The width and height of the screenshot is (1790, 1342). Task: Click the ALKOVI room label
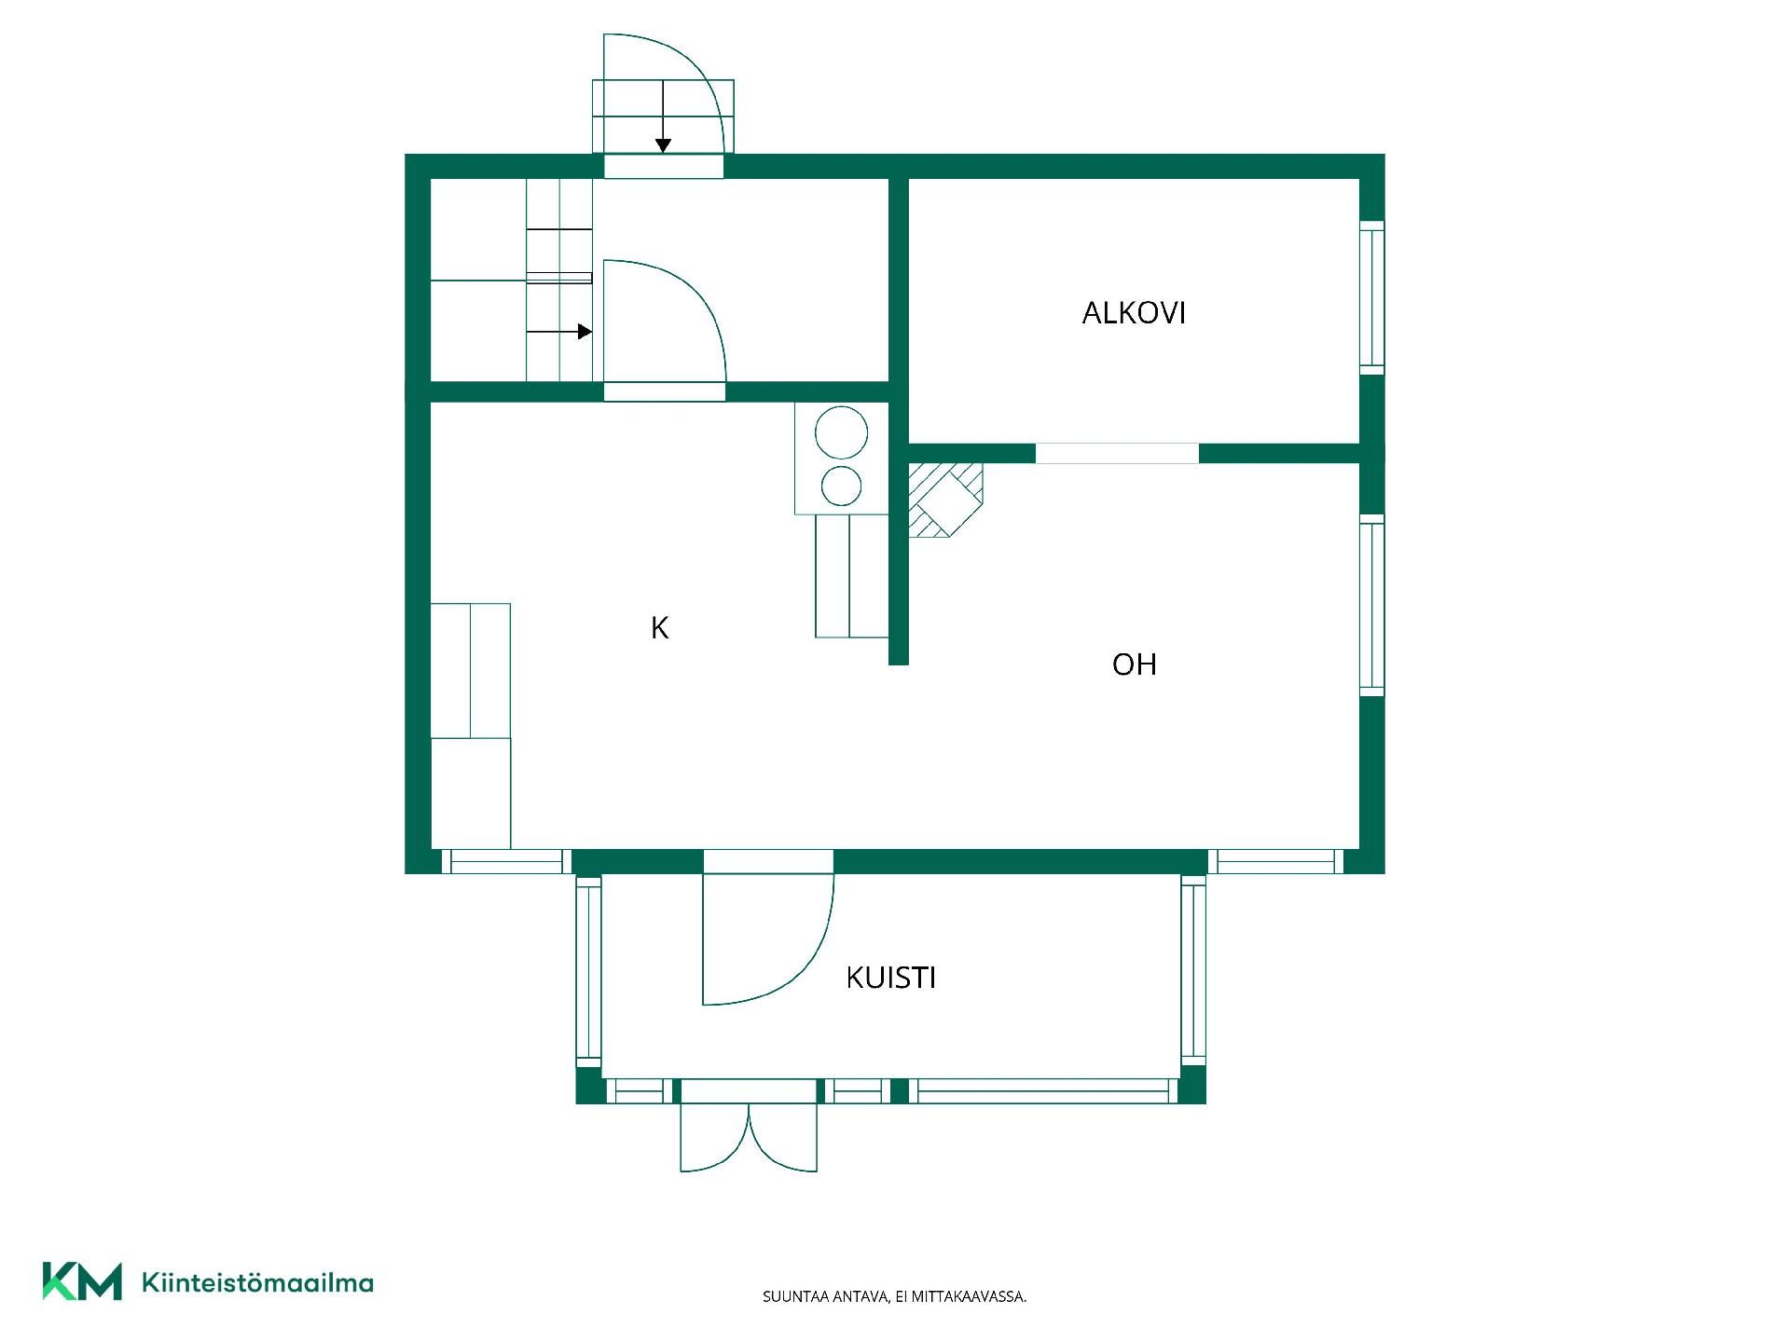coord(1134,313)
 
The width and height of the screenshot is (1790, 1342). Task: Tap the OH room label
coord(1135,664)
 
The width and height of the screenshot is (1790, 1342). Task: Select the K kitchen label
coord(659,629)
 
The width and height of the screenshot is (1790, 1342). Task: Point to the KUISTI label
coord(890,978)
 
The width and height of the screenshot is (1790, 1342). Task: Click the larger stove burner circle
coord(841,432)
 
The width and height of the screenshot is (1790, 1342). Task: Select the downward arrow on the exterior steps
coord(663,116)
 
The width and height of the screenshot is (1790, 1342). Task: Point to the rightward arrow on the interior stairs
coord(559,332)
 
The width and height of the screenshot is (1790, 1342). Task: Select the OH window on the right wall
coord(1371,606)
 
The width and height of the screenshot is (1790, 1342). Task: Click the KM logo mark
coord(82,1281)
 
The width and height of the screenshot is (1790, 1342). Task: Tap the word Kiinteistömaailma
coord(257,1282)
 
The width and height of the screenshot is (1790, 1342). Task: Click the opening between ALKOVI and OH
coord(1117,454)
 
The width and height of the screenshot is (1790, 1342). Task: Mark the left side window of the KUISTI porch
coord(588,970)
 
